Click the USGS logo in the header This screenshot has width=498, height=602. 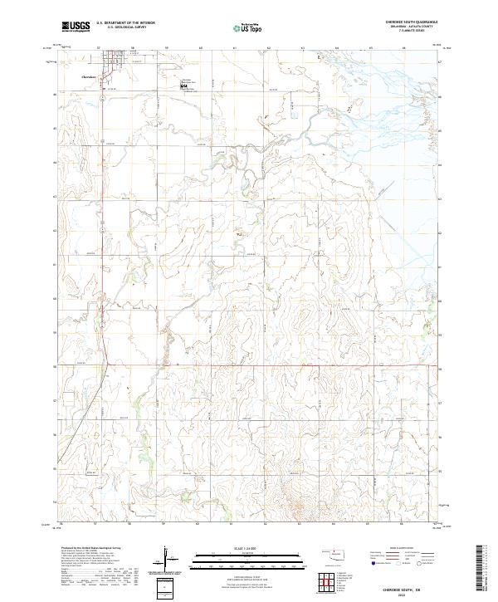pos(76,27)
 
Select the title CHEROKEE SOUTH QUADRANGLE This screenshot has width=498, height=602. pos(405,22)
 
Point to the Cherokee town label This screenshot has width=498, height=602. pos(89,76)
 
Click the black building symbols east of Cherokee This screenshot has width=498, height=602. pos(183,84)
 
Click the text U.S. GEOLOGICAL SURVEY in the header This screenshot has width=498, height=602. pos(125,27)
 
